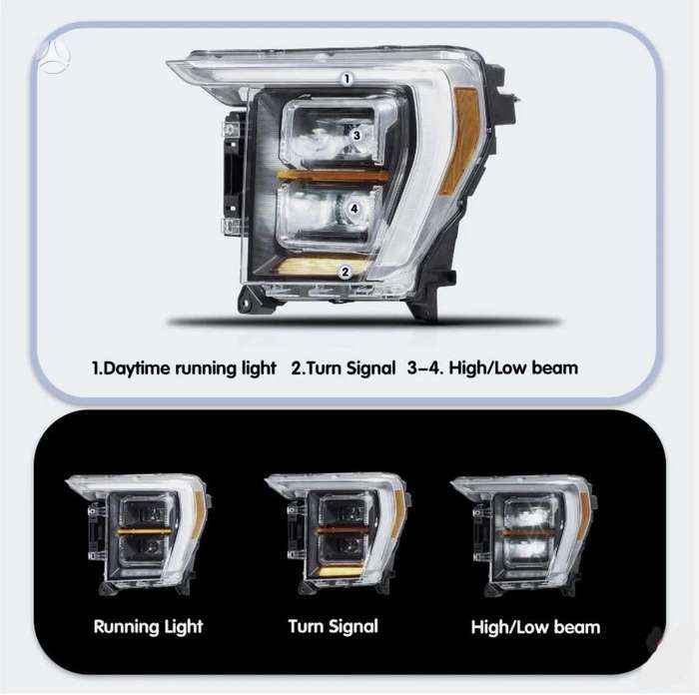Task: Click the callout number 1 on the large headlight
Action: pyautogui.click(x=347, y=79)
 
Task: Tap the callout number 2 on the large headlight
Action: pyautogui.click(x=346, y=272)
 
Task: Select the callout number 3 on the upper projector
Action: pyautogui.click(x=356, y=135)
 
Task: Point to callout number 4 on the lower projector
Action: pyautogui.click(x=353, y=209)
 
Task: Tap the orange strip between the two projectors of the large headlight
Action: pyautogui.click(x=333, y=176)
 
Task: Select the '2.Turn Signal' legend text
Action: pyautogui.click(x=343, y=368)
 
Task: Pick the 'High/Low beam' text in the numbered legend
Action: pyautogui.click(x=513, y=368)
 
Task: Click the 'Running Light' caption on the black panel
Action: pyautogui.click(x=148, y=626)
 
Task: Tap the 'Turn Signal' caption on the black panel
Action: pyautogui.click(x=333, y=626)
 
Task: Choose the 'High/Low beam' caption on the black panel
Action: pyautogui.click(x=535, y=627)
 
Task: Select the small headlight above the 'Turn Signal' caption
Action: pyautogui.click(x=338, y=535)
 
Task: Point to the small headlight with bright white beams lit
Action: pyautogui.click(x=524, y=536)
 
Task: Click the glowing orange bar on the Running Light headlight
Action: pyautogui.click(x=144, y=531)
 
